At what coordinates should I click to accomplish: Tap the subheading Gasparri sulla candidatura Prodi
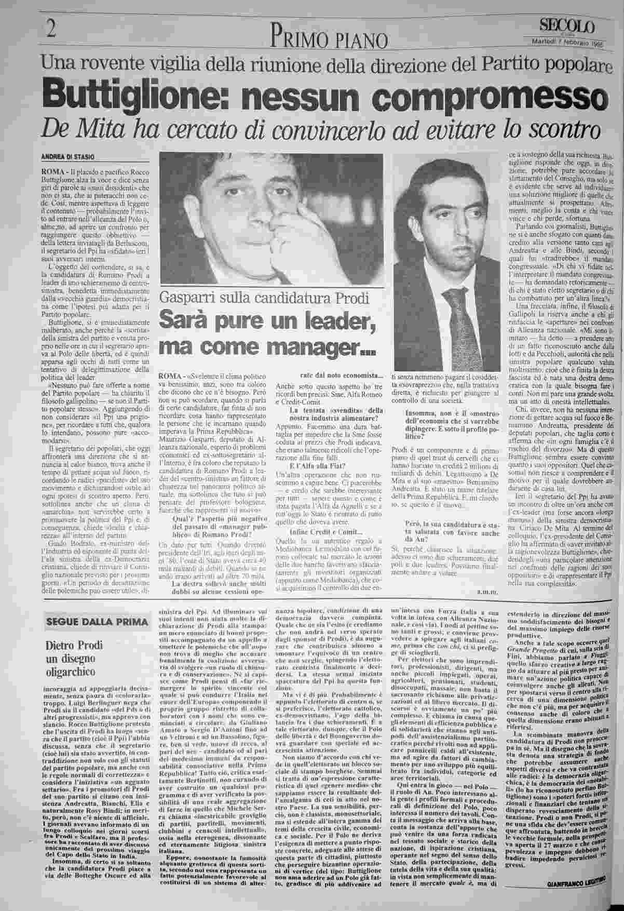pyautogui.click(x=264, y=298)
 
